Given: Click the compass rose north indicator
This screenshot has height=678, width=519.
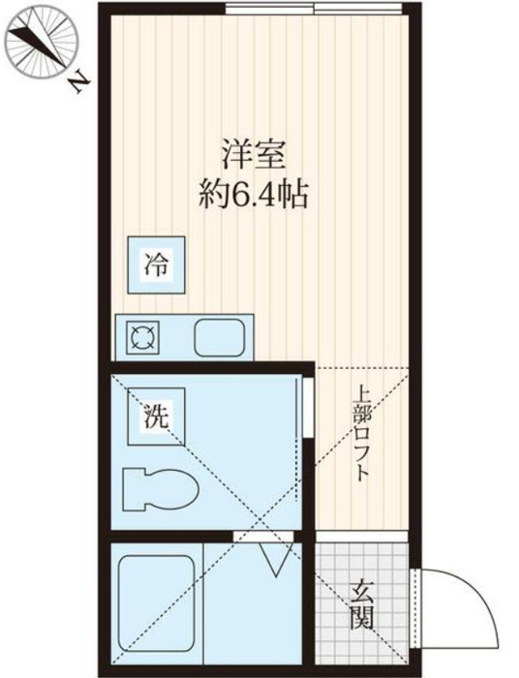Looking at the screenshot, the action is [x=43, y=43].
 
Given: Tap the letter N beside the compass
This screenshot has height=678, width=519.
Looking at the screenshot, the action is [x=79, y=85].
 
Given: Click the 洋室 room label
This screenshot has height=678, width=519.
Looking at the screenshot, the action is [x=254, y=154].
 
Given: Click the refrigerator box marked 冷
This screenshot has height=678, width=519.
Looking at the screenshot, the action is [x=156, y=264].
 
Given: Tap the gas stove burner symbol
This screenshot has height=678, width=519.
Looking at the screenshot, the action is [x=142, y=338].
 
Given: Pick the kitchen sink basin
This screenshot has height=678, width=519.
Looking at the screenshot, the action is [x=220, y=338].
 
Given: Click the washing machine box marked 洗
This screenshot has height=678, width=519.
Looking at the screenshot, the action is [x=156, y=416].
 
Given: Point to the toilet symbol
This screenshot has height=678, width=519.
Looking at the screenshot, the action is [x=160, y=490].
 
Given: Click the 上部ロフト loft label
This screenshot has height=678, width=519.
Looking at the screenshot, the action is [x=361, y=440].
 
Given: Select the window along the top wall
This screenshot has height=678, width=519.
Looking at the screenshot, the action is [x=314, y=9].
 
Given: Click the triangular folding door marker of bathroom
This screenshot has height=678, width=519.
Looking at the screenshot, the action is [x=276, y=559].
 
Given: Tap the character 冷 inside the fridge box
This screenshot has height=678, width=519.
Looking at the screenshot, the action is [x=156, y=264].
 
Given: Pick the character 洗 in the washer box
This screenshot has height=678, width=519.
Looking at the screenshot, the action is [x=156, y=416].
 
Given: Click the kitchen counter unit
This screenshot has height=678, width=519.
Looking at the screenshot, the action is [x=185, y=337].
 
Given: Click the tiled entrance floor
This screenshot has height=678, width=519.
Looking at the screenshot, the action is [x=362, y=602].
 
